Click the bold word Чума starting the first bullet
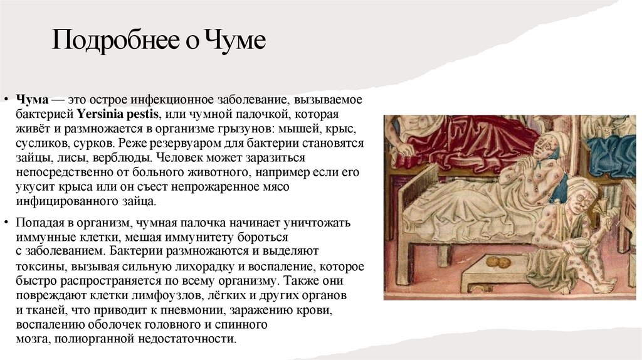(x=29, y=100)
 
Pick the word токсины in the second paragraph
(x=36, y=266)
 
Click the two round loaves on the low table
(x=496, y=262)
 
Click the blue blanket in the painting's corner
(x=610, y=156)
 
